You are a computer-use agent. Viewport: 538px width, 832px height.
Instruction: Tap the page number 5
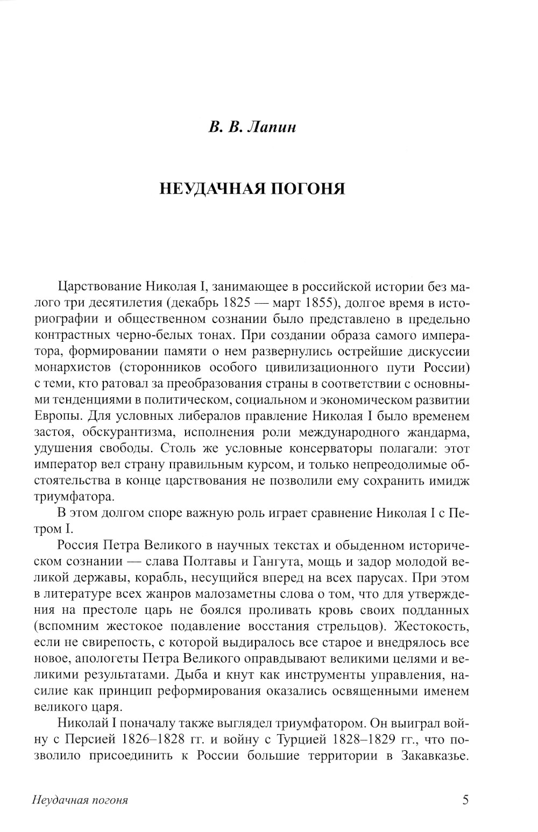pyautogui.click(x=465, y=800)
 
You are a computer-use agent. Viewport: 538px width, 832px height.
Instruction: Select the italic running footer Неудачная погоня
pyautogui.click(x=80, y=800)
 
